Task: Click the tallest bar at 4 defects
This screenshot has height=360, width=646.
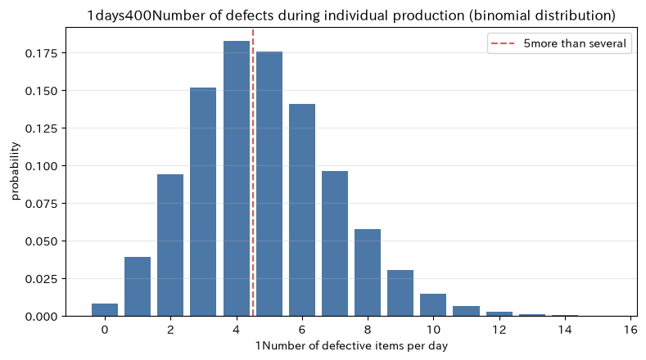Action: tap(237, 178)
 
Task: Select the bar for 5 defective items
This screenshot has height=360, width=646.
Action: tap(269, 184)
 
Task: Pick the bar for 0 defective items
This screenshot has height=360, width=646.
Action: tap(105, 310)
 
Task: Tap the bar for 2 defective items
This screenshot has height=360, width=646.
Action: tap(170, 245)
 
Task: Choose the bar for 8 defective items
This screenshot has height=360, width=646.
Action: tap(368, 272)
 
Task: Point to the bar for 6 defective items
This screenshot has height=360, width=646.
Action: tap(302, 210)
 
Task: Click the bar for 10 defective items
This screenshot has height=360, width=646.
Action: tap(433, 305)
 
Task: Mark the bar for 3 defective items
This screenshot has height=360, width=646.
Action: tap(203, 202)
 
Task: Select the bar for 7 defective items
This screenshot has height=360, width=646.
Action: tap(335, 244)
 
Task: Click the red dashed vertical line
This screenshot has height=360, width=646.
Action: tap(253, 172)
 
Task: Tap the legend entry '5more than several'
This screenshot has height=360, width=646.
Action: tap(559, 43)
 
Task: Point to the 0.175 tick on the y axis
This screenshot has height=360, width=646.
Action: tap(63, 53)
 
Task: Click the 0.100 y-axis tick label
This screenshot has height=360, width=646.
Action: tap(41, 166)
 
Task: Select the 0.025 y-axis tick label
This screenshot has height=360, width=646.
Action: tap(41, 279)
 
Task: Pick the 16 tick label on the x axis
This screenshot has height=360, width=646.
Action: tap(630, 330)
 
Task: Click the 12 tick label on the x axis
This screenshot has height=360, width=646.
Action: tap(499, 330)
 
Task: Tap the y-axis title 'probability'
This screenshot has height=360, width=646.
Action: tap(15, 171)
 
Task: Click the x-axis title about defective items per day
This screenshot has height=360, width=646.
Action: tap(351, 345)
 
